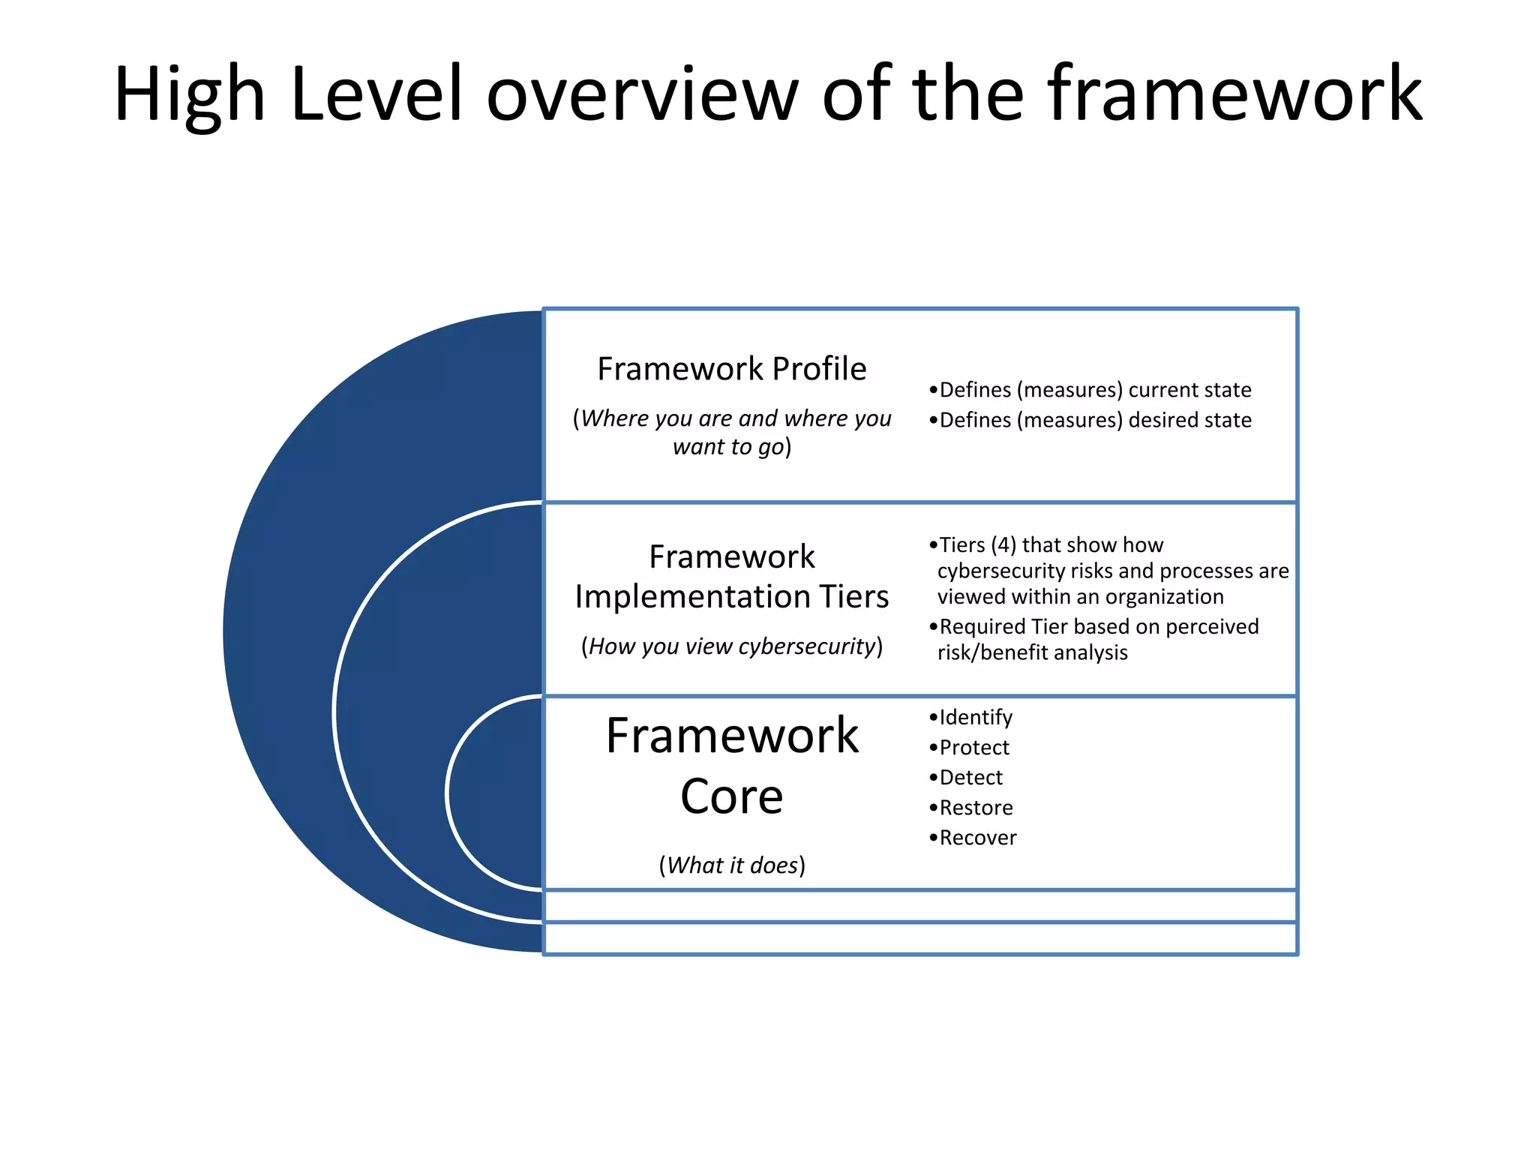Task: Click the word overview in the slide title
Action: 643,94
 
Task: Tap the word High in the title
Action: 190,94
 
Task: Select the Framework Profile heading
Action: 731,369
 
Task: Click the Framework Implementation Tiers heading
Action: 731,576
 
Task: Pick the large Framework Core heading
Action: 731,765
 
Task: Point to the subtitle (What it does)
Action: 731,865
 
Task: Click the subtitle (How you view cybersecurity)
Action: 731,646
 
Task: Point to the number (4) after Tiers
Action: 1003,544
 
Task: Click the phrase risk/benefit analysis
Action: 1032,652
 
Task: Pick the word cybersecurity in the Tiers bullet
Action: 1000,571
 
